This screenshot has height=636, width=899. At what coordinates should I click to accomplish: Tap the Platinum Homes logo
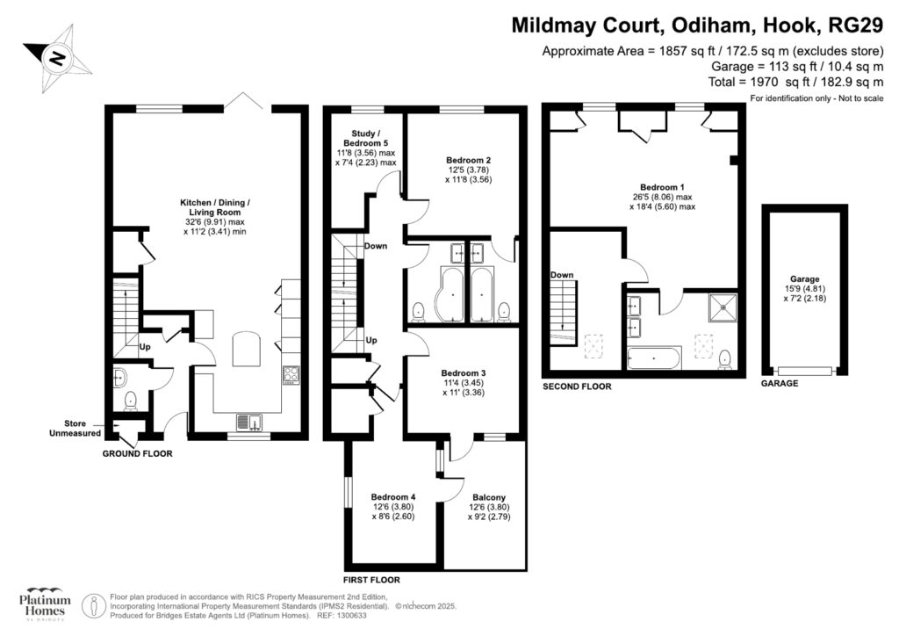click(x=44, y=603)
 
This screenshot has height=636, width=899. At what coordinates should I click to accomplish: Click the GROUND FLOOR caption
click(x=137, y=454)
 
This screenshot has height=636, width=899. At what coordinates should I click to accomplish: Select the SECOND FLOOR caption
click(x=577, y=386)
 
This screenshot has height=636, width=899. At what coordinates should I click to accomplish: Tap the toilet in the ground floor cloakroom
click(x=131, y=401)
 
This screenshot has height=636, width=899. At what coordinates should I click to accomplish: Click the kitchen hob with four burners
click(x=291, y=375)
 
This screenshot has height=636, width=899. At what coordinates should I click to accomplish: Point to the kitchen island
click(x=246, y=349)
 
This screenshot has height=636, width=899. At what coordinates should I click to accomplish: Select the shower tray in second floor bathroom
click(x=723, y=307)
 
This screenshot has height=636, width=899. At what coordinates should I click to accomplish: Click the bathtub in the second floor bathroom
click(x=654, y=358)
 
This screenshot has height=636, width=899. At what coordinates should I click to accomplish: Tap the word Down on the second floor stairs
click(x=562, y=275)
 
